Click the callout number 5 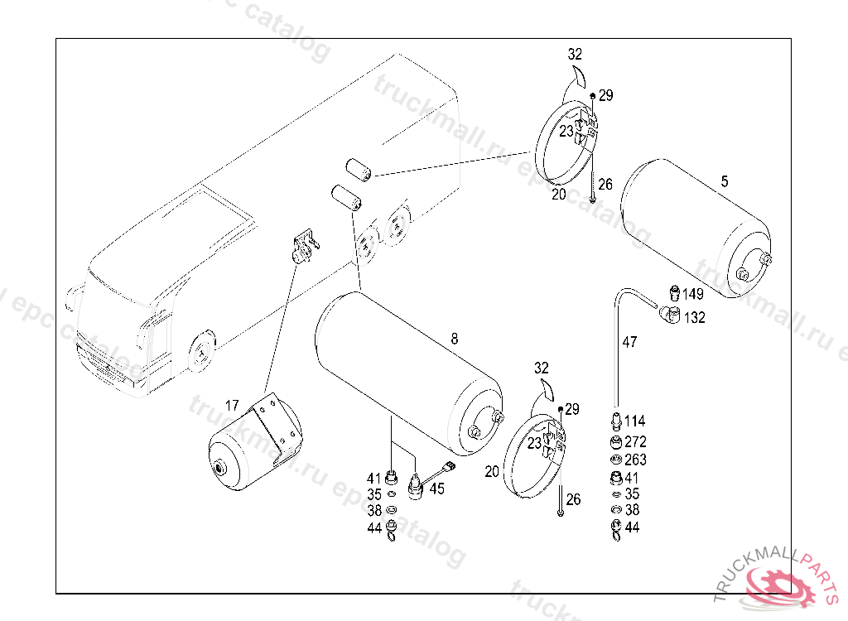pyautogui.click(x=725, y=181)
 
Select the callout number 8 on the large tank pyautogui.click(x=455, y=339)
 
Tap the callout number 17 pyautogui.click(x=232, y=405)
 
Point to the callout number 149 pyautogui.click(x=693, y=294)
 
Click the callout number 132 pyautogui.click(x=695, y=317)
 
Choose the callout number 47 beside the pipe pyautogui.click(x=630, y=342)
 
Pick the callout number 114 pyautogui.click(x=634, y=421)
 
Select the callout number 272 pyautogui.click(x=635, y=442)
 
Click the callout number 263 pyautogui.click(x=635, y=460)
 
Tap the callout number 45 pyautogui.click(x=437, y=489)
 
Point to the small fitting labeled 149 pyautogui.click(x=674, y=292)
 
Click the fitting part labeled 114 pyautogui.click(x=616, y=421)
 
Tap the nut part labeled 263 pyautogui.click(x=615, y=460)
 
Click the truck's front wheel pyautogui.click(x=201, y=350)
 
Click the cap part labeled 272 pyautogui.click(x=615, y=442)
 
